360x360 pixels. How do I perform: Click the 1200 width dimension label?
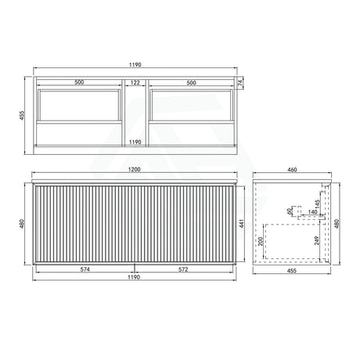(138, 170)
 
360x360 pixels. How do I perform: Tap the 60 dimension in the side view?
(290, 211)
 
